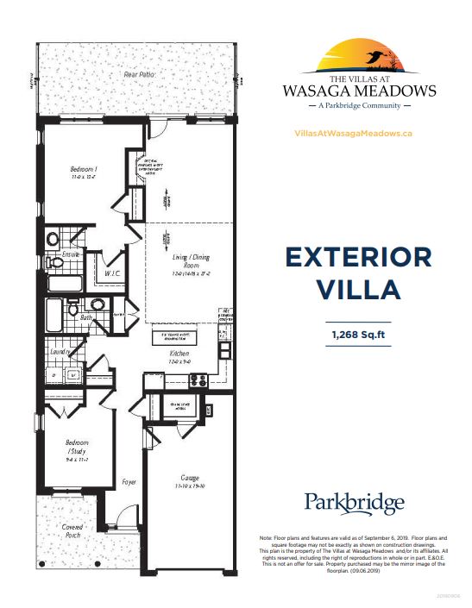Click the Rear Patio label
pyautogui.click(x=140, y=75)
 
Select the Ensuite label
pyautogui.click(x=71, y=254)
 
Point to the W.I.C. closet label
pyautogui.click(x=112, y=273)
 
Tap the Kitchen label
pyautogui.click(x=179, y=354)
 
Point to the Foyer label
pyautogui.click(x=129, y=482)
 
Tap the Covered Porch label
pyautogui.click(x=72, y=530)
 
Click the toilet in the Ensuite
pyautogui.click(x=53, y=239)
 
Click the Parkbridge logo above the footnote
pyautogui.click(x=354, y=504)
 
